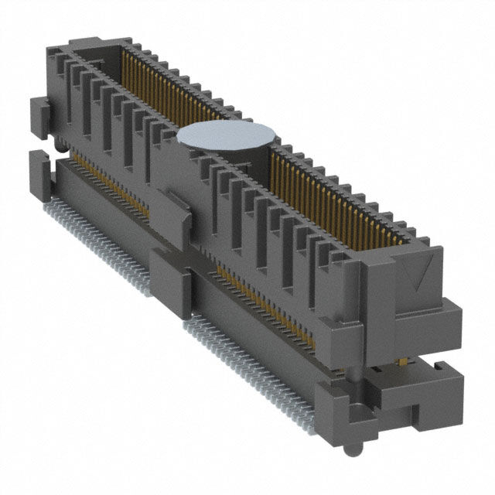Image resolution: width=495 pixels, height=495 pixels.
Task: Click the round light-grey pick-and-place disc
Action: [x=226, y=137]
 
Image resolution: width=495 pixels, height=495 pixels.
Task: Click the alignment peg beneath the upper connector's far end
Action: [x=59, y=142]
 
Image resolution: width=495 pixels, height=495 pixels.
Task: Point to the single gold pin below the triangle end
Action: [x=403, y=360]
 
